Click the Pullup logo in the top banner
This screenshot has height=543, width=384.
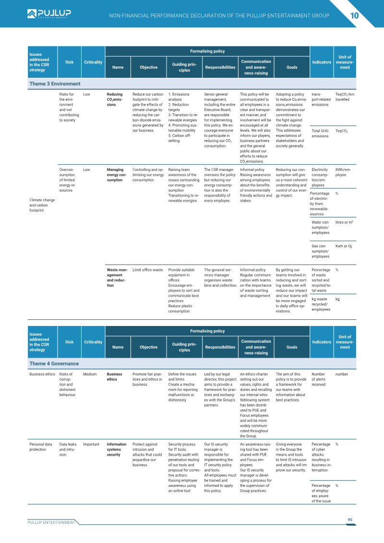click(x=49, y=13)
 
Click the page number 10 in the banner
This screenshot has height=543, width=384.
click(x=354, y=15)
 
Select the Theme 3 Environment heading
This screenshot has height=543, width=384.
click(x=55, y=84)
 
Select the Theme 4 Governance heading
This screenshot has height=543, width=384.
click(x=54, y=363)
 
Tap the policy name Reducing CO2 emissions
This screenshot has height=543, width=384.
click(x=115, y=99)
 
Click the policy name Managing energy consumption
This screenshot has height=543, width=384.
click(x=116, y=175)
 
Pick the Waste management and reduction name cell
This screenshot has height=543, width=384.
click(x=117, y=278)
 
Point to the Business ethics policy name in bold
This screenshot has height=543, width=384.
click(x=114, y=377)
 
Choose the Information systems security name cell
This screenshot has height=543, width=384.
click(x=116, y=449)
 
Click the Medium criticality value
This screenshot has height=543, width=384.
click(x=90, y=374)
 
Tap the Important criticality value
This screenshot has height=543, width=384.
click(x=91, y=444)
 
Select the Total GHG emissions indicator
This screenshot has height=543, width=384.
click(x=320, y=133)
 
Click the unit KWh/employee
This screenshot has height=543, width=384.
click(x=343, y=172)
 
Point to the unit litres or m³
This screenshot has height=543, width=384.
click(x=344, y=222)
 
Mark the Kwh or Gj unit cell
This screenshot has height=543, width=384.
click(x=344, y=246)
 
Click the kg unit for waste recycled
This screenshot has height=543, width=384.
click(x=337, y=299)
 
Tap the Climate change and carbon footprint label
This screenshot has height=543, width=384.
click(x=42, y=205)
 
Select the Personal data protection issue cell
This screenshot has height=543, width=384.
click(x=40, y=446)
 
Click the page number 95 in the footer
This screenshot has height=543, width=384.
click(x=350, y=519)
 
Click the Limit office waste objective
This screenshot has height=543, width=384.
click(x=147, y=270)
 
